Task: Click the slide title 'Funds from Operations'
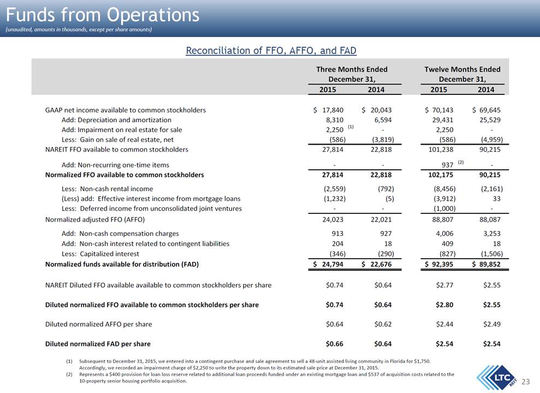(x=103, y=15)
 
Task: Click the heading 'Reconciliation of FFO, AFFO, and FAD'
(x=271, y=51)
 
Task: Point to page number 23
(x=526, y=382)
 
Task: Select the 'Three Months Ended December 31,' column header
(x=352, y=74)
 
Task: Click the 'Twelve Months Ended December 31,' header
(x=462, y=74)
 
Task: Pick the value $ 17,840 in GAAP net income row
(x=328, y=110)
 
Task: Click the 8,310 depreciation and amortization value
(x=334, y=120)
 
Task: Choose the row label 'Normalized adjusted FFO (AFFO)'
(x=95, y=219)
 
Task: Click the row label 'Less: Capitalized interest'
(x=100, y=254)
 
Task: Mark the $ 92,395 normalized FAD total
(x=439, y=264)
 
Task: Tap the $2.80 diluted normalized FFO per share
(x=444, y=305)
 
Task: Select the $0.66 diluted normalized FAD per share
(x=334, y=344)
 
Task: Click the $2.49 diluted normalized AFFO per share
(x=492, y=324)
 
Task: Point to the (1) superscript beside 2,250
(x=351, y=127)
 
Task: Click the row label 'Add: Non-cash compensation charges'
(x=120, y=234)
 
